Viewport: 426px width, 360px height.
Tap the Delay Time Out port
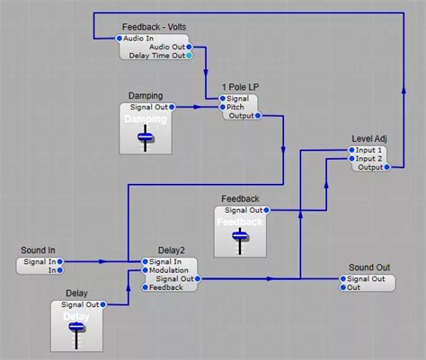pos(188,55)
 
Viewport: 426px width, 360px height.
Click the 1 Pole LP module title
pos(239,87)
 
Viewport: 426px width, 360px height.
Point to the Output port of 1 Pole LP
pos(257,115)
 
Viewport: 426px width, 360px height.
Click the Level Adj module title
pos(368,138)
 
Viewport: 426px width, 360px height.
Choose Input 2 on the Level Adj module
pos(351,158)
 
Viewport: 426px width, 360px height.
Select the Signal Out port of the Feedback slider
pos(266,209)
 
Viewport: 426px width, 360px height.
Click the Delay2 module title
pos(171,250)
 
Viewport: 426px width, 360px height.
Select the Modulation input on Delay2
pos(144,270)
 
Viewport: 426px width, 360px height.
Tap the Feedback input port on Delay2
pos(144,287)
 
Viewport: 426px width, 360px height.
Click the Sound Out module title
pos(368,268)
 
